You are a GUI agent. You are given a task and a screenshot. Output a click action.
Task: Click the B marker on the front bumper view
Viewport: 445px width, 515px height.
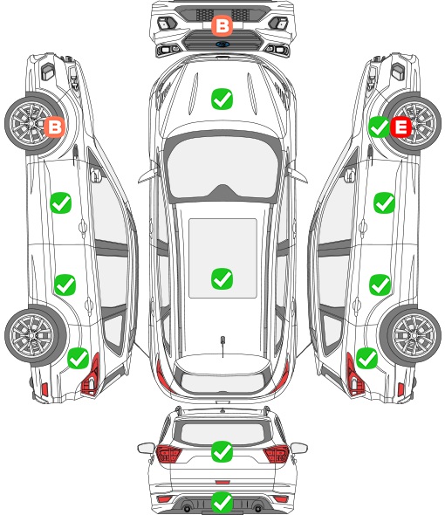[x=222, y=26]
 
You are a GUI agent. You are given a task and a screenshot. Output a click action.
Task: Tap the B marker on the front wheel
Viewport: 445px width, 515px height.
[x=55, y=127]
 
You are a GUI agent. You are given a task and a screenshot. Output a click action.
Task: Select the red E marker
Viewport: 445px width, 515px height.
[x=400, y=127]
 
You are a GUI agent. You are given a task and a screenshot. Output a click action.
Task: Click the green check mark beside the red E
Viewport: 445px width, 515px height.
[x=379, y=127]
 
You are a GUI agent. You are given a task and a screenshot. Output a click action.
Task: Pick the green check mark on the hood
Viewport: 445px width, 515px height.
[x=222, y=99]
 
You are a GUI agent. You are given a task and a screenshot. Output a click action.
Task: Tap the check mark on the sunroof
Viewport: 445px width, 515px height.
[x=222, y=278]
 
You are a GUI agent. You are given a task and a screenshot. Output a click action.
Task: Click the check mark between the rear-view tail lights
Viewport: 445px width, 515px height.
[x=222, y=451]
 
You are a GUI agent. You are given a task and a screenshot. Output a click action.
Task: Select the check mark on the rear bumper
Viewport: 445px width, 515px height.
[x=222, y=502]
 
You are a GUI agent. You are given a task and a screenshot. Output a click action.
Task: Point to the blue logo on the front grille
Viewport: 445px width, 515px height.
[x=222, y=45]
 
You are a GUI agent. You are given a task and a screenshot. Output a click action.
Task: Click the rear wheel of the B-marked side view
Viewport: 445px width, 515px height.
[x=34, y=335]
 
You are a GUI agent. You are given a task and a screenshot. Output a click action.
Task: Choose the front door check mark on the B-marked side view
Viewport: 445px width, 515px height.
[x=61, y=203]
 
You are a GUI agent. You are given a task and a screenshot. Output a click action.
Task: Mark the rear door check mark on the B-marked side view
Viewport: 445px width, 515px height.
[x=65, y=285]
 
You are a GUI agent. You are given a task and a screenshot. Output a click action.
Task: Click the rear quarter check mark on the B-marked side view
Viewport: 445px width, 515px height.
[x=79, y=358]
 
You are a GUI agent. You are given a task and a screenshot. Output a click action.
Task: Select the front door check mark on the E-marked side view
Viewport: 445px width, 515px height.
[x=384, y=203]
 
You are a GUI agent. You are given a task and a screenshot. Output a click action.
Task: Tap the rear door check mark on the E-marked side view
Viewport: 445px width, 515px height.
[x=380, y=285]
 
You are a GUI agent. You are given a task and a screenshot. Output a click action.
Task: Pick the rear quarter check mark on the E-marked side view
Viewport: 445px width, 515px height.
[x=366, y=358]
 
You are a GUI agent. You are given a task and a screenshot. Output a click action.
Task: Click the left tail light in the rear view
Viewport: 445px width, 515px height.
[x=168, y=454]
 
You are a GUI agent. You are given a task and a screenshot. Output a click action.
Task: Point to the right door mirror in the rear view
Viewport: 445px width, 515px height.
[x=299, y=448]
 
